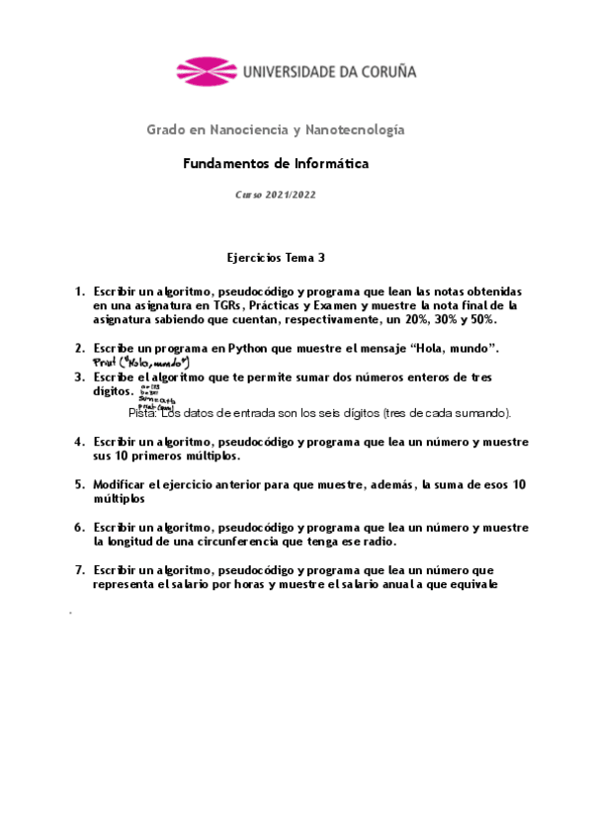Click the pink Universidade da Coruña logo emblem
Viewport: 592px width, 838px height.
tap(208, 71)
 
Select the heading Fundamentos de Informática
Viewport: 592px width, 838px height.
tap(276, 163)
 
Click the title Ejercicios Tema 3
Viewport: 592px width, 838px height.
tap(276, 258)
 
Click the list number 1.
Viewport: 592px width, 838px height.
tap(79, 293)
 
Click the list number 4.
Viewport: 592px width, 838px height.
tap(79, 442)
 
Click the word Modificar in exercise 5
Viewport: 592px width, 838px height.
tap(125, 484)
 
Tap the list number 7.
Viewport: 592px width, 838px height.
tap(79, 570)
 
